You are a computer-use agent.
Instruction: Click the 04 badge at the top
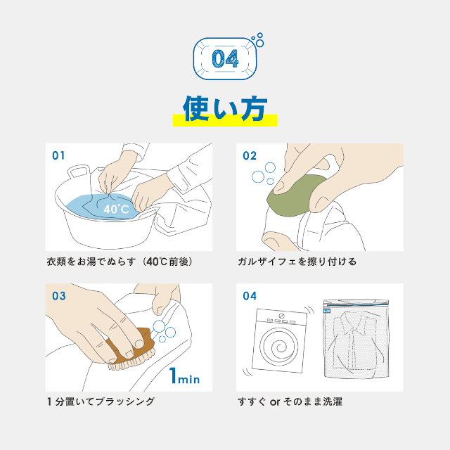click(225, 58)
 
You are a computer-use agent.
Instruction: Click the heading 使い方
click(225, 108)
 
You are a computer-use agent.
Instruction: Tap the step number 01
click(58, 155)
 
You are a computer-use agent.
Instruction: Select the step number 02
click(250, 156)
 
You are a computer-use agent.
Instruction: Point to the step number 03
click(59, 296)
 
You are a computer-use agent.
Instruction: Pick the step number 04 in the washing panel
click(250, 296)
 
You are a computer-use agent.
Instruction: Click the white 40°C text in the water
click(116, 209)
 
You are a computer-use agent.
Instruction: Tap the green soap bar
click(295, 195)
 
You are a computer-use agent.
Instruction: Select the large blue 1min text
click(184, 375)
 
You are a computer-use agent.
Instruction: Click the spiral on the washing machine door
click(278, 347)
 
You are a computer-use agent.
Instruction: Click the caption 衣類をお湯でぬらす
click(91, 262)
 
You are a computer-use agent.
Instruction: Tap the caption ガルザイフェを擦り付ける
click(297, 262)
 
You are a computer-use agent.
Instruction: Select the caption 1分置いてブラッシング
click(101, 401)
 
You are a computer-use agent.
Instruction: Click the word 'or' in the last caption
click(275, 402)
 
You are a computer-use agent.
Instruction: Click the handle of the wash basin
click(78, 172)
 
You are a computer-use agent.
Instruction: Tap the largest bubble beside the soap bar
click(258, 176)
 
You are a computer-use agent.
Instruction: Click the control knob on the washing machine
click(282, 316)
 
